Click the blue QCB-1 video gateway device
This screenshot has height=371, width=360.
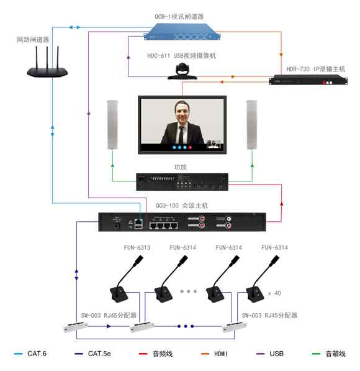[182, 32]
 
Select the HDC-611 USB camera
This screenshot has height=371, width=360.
[182, 71]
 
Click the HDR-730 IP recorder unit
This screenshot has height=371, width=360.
[308, 80]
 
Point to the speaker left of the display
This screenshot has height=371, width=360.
[112, 125]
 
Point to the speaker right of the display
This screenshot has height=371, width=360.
[252, 125]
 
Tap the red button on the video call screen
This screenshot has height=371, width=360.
[190, 147]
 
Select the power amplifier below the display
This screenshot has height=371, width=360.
[182, 181]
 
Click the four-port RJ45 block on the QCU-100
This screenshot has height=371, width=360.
[164, 225]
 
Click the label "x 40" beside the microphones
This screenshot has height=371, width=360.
[275, 293]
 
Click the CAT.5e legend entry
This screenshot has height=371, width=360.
[92, 354]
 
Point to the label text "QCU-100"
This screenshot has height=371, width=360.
[167, 205]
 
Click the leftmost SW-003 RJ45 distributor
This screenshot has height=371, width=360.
[76, 327]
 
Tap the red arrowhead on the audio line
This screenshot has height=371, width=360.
[282, 203]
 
